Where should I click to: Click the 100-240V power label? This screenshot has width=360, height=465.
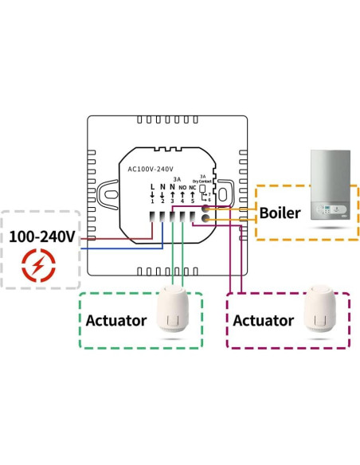(42, 236)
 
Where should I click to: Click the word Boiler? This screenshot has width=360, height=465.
(280, 213)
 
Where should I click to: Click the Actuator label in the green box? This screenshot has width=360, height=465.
(116, 321)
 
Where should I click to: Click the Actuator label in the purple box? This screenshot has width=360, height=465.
(264, 320)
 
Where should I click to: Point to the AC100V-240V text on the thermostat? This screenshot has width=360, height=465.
(151, 169)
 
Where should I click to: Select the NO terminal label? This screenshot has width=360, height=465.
(182, 188)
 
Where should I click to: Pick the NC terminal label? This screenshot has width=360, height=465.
(192, 188)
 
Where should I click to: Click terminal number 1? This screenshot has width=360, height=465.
(152, 201)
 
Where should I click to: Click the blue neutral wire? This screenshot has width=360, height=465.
(119, 248)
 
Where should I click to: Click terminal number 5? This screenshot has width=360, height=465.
(192, 201)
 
